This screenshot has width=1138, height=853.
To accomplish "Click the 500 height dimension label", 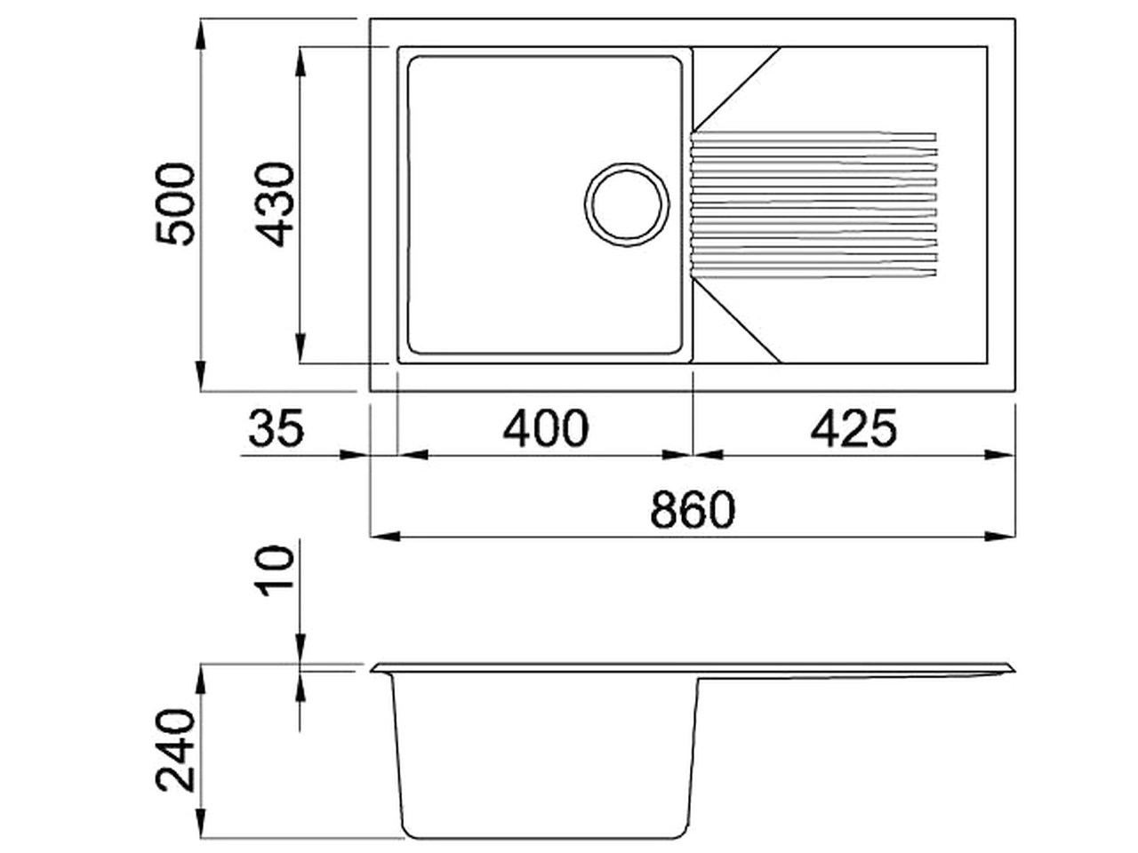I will pyautogui.click(x=174, y=204).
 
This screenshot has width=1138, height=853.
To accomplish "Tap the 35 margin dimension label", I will pyautogui.click(x=276, y=429).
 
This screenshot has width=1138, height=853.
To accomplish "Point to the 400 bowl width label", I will pyautogui.click(x=545, y=429).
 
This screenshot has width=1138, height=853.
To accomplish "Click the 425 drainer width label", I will pyautogui.click(x=853, y=429).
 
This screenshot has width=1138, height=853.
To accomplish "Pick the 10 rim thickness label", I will pyautogui.click(x=276, y=570).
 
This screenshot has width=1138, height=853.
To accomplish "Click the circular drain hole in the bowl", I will pyautogui.click(x=627, y=204).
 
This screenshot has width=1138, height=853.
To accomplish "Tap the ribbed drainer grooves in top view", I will pyautogui.click(x=813, y=204).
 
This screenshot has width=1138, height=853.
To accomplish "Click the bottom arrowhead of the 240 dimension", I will pyautogui.click(x=202, y=822).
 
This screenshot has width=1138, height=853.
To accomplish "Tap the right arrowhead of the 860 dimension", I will pyautogui.click(x=1000, y=536).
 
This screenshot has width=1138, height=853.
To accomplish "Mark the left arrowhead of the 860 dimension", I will pyautogui.click(x=384, y=536).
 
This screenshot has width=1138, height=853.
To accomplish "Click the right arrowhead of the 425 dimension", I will pyautogui.click(x=1000, y=454).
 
